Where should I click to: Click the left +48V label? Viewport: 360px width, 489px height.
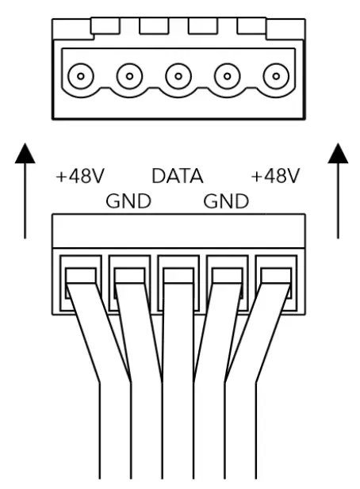(80, 176)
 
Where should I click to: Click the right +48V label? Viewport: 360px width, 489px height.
(275, 176)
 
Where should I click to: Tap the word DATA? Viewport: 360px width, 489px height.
(178, 176)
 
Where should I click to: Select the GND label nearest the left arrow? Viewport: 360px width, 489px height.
(128, 201)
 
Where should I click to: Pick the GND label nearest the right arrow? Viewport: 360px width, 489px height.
(226, 201)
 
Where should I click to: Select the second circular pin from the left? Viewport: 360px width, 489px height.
(129, 78)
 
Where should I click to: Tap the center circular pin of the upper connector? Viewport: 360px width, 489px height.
(178, 78)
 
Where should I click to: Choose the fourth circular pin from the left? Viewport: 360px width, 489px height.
(227, 78)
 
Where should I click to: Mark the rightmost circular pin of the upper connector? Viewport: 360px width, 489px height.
(276, 78)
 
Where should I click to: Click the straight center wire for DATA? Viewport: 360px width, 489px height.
(178, 396)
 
